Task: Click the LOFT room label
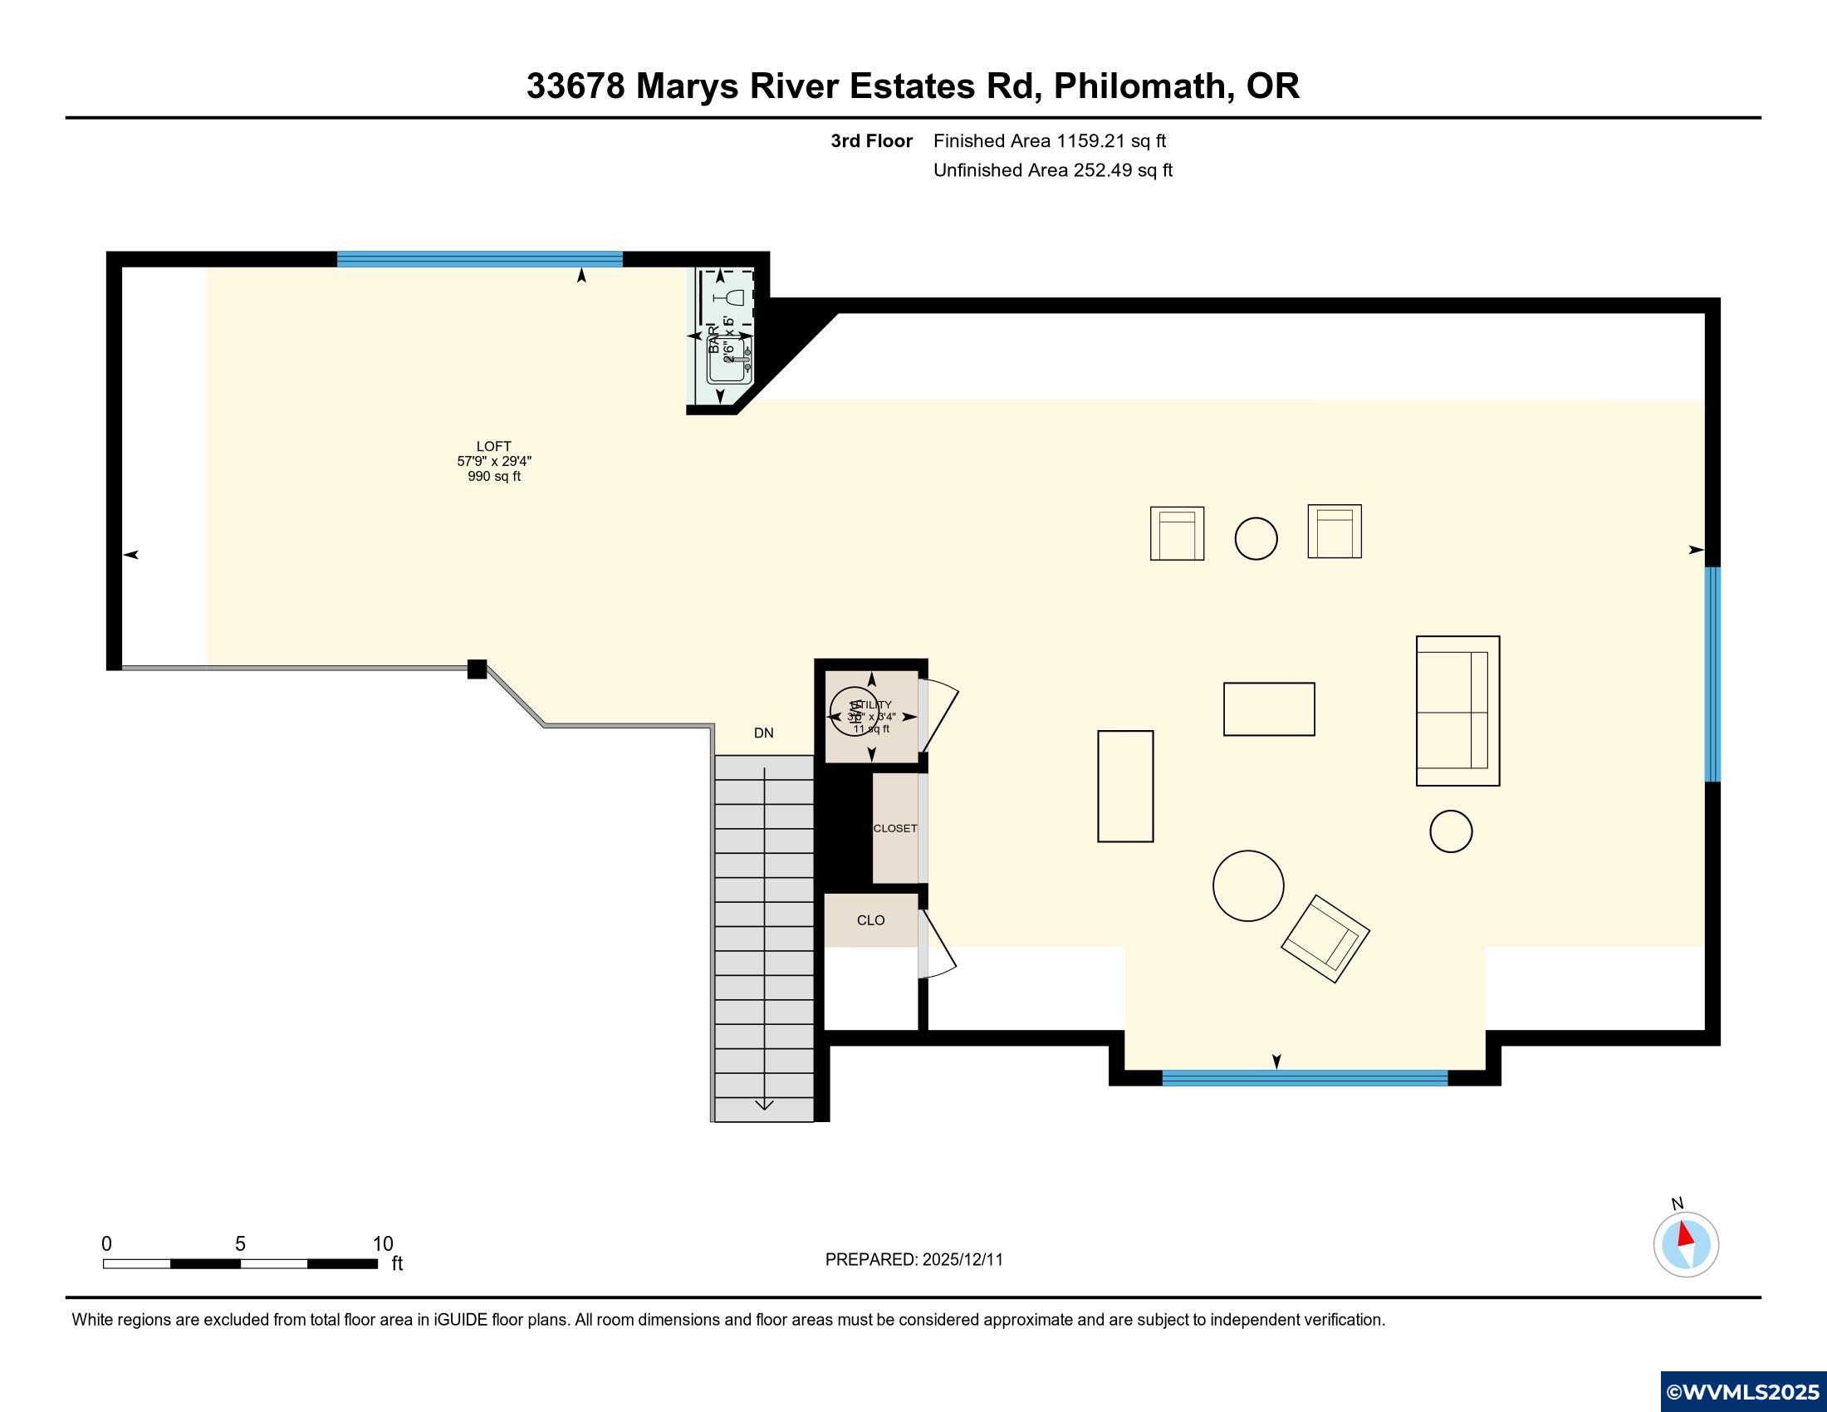(x=493, y=447)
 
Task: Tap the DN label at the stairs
(x=763, y=733)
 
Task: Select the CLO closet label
(x=870, y=920)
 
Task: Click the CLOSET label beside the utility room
(x=894, y=828)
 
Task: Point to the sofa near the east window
(x=1457, y=711)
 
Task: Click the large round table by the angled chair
(x=1247, y=886)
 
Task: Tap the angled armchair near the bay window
(x=1325, y=939)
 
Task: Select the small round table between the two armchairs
(x=1256, y=538)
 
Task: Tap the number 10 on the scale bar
(x=382, y=1244)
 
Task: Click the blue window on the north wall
(x=479, y=258)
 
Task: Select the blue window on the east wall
(x=1712, y=674)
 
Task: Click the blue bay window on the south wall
(x=1304, y=1077)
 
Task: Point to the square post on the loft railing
(x=477, y=669)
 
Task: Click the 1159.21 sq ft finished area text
(x=1111, y=141)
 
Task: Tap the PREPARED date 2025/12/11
(x=962, y=1260)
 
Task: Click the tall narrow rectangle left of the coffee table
(x=1125, y=787)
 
